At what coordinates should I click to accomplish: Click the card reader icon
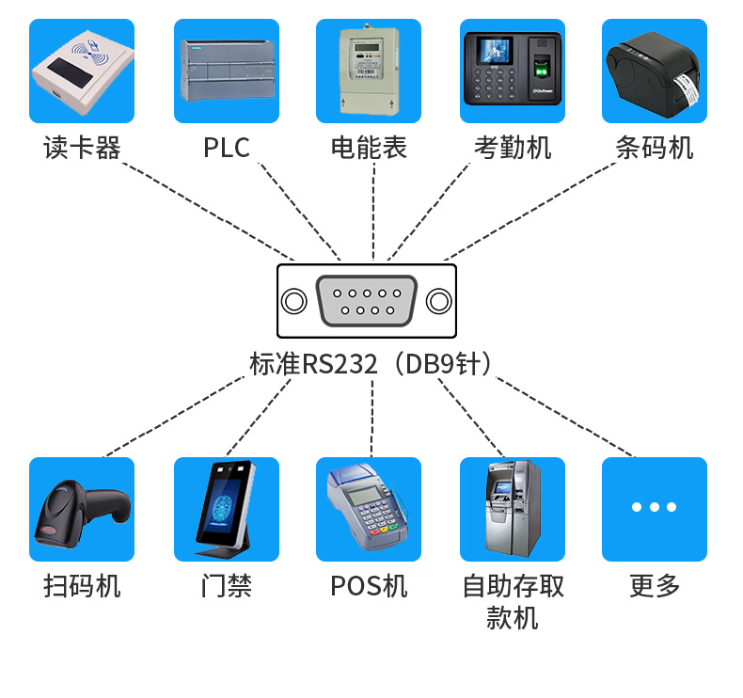pyautogui.click(x=82, y=71)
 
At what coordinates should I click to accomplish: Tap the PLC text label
pyautogui.click(x=227, y=148)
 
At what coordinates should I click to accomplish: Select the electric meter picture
pyautogui.click(x=369, y=71)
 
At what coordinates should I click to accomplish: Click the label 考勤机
pyautogui.click(x=513, y=148)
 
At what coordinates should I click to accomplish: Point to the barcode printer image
pyautogui.click(x=655, y=71)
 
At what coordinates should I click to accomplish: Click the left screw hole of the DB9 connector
pyautogui.click(x=294, y=301)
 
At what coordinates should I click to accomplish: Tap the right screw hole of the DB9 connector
pyautogui.click(x=438, y=301)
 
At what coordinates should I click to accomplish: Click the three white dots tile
pyautogui.click(x=655, y=508)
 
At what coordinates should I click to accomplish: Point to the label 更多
pyautogui.click(x=655, y=586)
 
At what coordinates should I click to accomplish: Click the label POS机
pyautogui.click(x=369, y=586)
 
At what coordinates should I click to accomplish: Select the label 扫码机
pyautogui.click(x=82, y=586)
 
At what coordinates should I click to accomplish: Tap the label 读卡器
pyautogui.click(x=82, y=148)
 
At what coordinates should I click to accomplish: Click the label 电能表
pyautogui.click(x=369, y=148)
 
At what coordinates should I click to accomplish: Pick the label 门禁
pyautogui.click(x=227, y=586)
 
